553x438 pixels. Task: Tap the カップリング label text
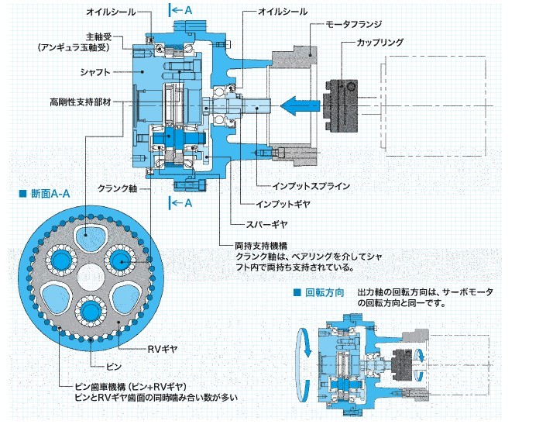(x=380, y=43)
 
